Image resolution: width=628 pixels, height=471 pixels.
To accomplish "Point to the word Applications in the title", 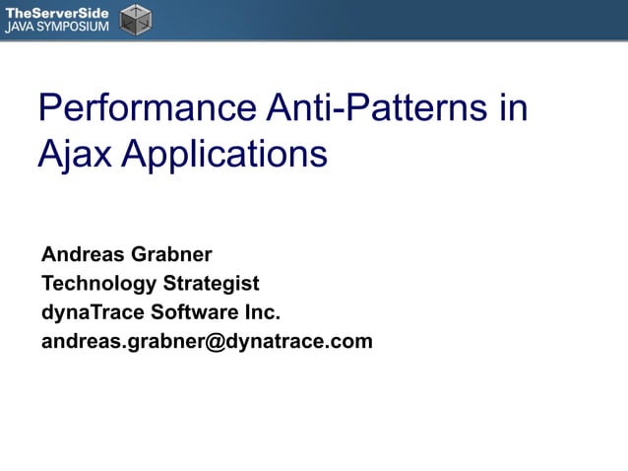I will [225, 155].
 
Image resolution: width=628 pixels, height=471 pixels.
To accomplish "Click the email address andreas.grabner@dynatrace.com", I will [207, 342].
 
